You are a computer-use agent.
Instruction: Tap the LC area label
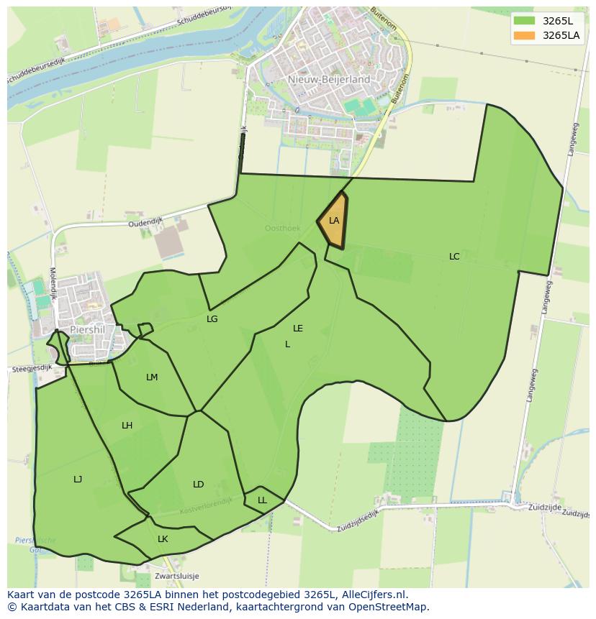454,257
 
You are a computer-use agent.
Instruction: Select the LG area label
212,319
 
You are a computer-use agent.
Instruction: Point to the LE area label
298,329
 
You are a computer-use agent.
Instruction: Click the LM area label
152,377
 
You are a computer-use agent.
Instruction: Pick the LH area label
127,426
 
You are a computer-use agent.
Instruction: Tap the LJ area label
78,480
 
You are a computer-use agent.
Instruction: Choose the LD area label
199,485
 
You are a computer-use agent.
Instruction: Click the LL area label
262,500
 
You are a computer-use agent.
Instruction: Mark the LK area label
163,539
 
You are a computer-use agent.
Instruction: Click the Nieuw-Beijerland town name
328,80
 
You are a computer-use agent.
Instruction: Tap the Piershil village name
88,330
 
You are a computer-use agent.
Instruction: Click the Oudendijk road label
147,224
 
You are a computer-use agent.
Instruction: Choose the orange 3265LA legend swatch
525,35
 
